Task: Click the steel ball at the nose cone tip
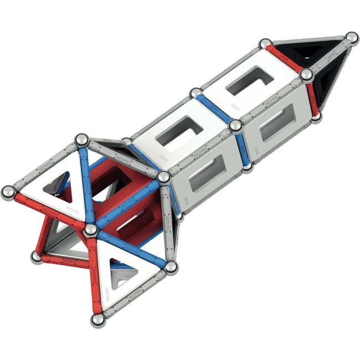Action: click(352, 38)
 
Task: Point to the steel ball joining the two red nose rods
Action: click(306, 74)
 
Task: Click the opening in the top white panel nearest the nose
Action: click(250, 81)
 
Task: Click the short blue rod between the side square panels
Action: click(241, 146)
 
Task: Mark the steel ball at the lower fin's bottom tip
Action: click(97, 320)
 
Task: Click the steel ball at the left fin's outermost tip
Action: click(8, 192)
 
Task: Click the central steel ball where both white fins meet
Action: click(90, 229)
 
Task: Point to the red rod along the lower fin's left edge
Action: click(94, 274)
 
